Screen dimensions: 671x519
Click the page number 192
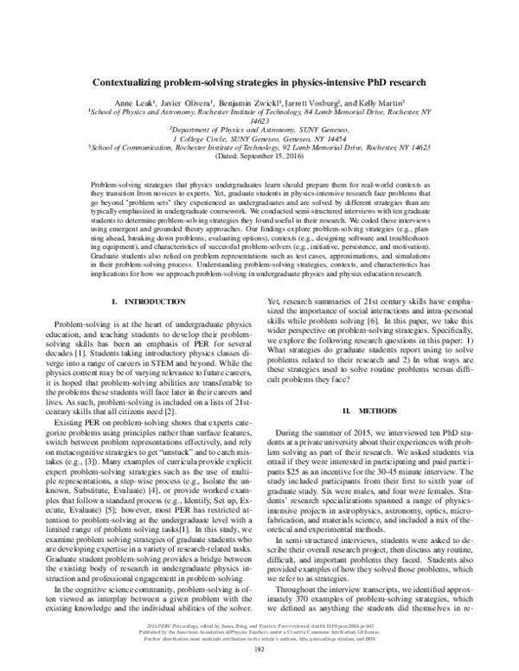(259, 652)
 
